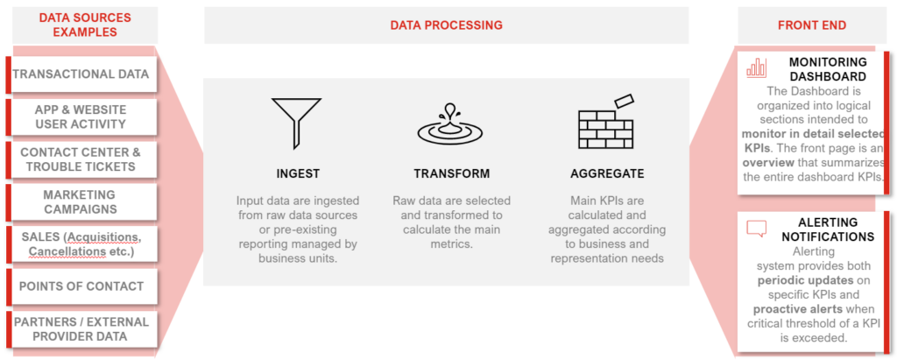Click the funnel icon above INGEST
click(298, 119)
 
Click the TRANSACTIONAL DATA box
click(81, 74)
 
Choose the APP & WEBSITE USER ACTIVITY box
click(81, 116)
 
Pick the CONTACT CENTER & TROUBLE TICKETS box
click(81, 159)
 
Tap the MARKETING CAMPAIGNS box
click(81, 202)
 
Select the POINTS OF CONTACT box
click(81, 286)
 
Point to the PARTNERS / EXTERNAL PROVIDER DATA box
click(81, 329)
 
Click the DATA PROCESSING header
click(446, 25)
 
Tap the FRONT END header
click(812, 25)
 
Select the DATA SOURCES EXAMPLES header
click(85, 25)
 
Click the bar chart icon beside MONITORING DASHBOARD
click(756, 67)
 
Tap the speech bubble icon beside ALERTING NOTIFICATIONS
click(756, 229)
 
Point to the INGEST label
click(298, 173)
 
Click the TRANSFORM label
click(452, 173)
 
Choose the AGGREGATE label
click(607, 173)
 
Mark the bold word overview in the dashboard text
click(768, 162)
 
